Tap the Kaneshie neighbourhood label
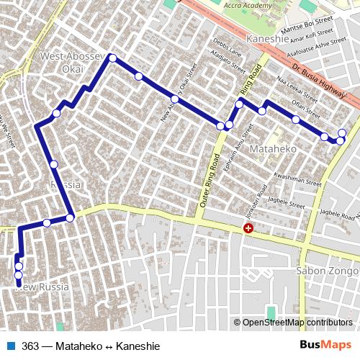[267, 39]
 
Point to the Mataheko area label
[268, 148]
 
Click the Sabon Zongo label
[326, 271]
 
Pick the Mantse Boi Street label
[307, 26]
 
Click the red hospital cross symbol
[248, 228]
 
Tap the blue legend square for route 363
[11, 346]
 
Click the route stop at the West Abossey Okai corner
[112, 58]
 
